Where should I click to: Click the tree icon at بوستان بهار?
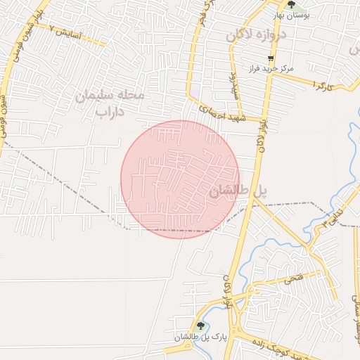click(x=291, y=5)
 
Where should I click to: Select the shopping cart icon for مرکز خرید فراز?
click(x=271, y=59)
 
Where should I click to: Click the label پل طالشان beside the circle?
click(x=238, y=191)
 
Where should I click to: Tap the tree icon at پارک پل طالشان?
click(x=201, y=326)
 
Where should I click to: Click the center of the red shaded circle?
click(x=180, y=179)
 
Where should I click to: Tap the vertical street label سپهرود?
click(x=236, y=84)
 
